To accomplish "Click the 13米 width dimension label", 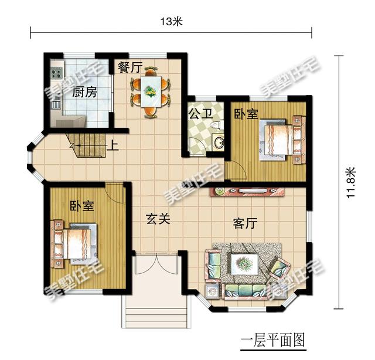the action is pos(171,22).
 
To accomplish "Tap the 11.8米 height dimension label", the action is pos(352,182).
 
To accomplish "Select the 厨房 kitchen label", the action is pos(84,92).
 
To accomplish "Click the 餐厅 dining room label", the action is pos(130,67).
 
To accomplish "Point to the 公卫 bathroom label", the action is pos(200,113).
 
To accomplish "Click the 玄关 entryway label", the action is pos(158,219).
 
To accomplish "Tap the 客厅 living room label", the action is pos(245,223).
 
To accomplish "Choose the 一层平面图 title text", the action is pos(273,341).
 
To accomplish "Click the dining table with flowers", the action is pos(151,91).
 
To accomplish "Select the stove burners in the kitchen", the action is pos(56,73).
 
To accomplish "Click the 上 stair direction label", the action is pos(112,145).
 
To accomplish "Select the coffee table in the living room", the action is pos(245,264).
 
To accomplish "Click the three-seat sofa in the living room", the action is pos(244,291).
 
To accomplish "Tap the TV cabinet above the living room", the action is pos(247,192).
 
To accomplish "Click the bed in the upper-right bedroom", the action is pos(282,140).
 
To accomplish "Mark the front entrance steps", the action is pos(156,312).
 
